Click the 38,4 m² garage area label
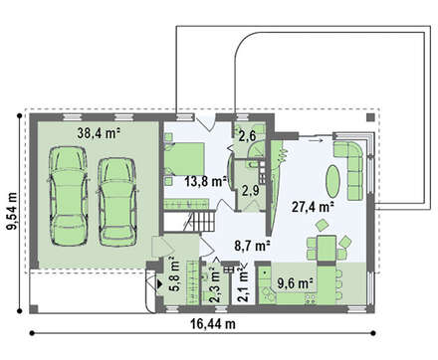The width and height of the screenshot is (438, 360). (x=99, y=133)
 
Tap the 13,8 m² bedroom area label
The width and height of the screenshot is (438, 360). (x=206, y=181)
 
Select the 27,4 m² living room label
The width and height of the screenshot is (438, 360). (x=313, y=207)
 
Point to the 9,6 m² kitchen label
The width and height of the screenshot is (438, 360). (x=296, y=283)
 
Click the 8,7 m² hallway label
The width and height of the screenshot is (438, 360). (x=252, y=246)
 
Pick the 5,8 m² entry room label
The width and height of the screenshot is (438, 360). (x=174, y=274)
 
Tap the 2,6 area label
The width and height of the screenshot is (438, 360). (x=247, y=136)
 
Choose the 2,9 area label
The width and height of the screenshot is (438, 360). (x=250, y=191)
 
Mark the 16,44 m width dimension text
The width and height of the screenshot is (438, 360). (x=213, y=323)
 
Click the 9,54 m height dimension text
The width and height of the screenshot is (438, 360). (x=12, y=211)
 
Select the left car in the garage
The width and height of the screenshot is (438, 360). (x=69, y=196)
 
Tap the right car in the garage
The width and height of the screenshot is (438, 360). (x=117, y=202)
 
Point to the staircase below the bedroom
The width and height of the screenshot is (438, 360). (x=200, y=222)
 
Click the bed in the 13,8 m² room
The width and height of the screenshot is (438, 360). (x=184, y=159)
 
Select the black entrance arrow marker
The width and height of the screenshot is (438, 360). (x=159, y=284)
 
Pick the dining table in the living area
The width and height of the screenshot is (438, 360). (x=327, y=248)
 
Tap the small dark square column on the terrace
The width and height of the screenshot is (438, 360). (x=370, y=117)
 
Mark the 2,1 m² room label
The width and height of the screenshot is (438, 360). (x=244, y=284)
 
